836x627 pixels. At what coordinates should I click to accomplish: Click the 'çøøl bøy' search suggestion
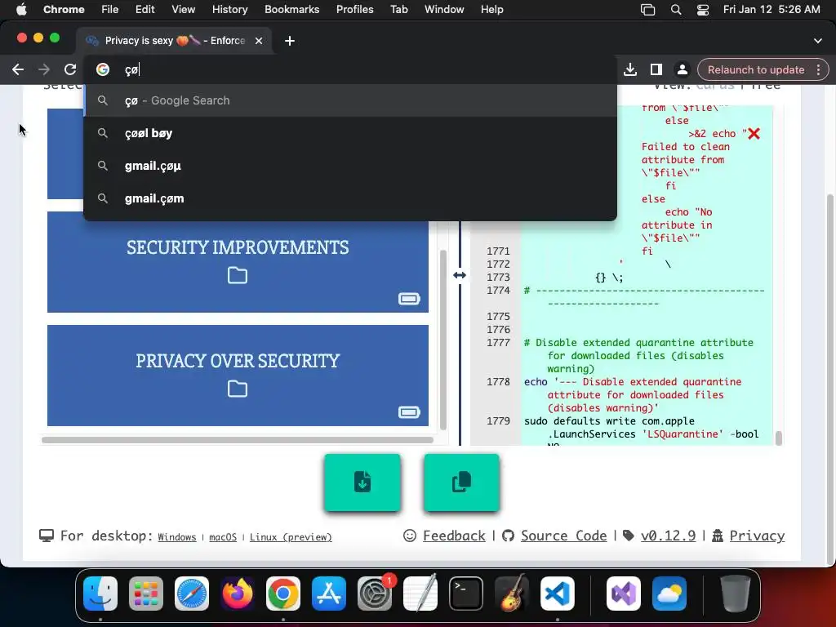pos(149,133)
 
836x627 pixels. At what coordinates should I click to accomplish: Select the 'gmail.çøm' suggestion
pos(154,198)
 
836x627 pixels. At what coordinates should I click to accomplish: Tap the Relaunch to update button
pos(755,69)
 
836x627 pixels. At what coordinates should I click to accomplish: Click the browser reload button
pos(70,69)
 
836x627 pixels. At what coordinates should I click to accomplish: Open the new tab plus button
pos(290,41)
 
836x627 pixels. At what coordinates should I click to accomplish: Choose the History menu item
pos(229,9)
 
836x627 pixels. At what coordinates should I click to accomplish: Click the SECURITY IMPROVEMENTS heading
pos(238,247)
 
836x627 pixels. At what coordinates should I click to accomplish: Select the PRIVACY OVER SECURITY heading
pos(238,361)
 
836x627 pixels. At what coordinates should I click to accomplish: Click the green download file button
pos(362,482)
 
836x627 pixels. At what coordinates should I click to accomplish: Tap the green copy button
pos(461,482)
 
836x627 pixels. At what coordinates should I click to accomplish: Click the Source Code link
pos(563,536)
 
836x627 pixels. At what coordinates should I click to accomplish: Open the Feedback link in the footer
pos(454,536)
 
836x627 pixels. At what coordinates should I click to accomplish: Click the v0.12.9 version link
pos(668,536)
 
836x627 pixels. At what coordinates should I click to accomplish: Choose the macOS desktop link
pos(223,537)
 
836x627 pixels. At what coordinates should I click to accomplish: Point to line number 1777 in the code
pos(498,343)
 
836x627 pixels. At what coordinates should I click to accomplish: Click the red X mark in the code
pos(754,133)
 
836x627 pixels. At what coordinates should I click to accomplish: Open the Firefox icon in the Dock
pos(238,594)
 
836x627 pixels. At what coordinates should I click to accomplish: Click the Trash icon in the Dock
pos(736,594)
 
